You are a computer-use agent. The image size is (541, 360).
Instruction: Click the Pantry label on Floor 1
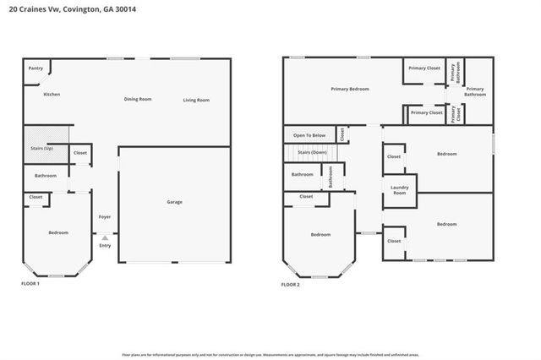[36, 68]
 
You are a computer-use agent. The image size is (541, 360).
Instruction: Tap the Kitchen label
[52, 94]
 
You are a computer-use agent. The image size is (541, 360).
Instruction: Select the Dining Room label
[138, 100]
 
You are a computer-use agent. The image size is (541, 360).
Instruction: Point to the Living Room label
[196, 101]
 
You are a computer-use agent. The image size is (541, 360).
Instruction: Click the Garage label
[174, 201]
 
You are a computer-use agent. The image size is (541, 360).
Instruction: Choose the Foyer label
[105, 217]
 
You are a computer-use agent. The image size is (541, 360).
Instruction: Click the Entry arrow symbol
[105, 237]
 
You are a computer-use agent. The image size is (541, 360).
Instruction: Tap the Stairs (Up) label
[43, 148]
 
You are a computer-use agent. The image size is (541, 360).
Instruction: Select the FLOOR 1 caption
[30, 284]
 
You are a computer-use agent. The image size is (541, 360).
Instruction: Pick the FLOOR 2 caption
[290, 285]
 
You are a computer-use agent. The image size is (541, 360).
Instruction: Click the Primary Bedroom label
[349, 89]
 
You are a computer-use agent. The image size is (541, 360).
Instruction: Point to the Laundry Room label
[399, 191]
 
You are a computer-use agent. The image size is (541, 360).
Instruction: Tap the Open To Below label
[309, 135]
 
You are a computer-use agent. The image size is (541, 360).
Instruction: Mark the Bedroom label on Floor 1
[58, 232]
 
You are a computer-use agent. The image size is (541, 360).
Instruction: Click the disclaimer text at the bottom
[270, 354]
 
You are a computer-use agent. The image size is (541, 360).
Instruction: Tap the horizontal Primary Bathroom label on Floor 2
[475, 91]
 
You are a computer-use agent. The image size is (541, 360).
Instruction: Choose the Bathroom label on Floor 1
[46, 176]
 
